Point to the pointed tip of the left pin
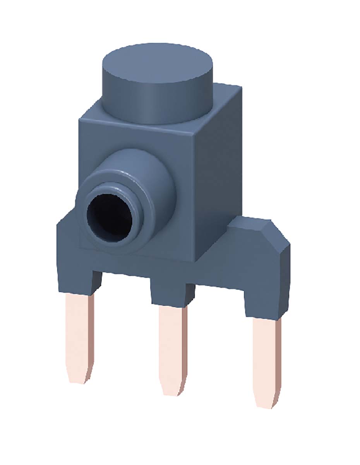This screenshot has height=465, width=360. [79, 378]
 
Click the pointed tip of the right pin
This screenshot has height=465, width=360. [267, 403]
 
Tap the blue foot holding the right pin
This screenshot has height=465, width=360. [263, 302]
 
